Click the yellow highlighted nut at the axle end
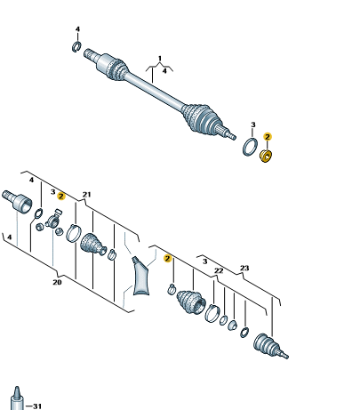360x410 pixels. (266, 156)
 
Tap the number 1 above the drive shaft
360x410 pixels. (160, 58)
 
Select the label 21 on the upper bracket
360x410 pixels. (86, 195)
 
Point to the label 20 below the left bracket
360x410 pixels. (57, 282)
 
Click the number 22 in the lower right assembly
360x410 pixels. (219, 270)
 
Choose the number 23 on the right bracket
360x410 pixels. (244, 268)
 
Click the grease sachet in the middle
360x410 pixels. (140, 277)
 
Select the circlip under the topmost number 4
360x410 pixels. (76, 47)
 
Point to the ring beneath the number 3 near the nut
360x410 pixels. (250, 147)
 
